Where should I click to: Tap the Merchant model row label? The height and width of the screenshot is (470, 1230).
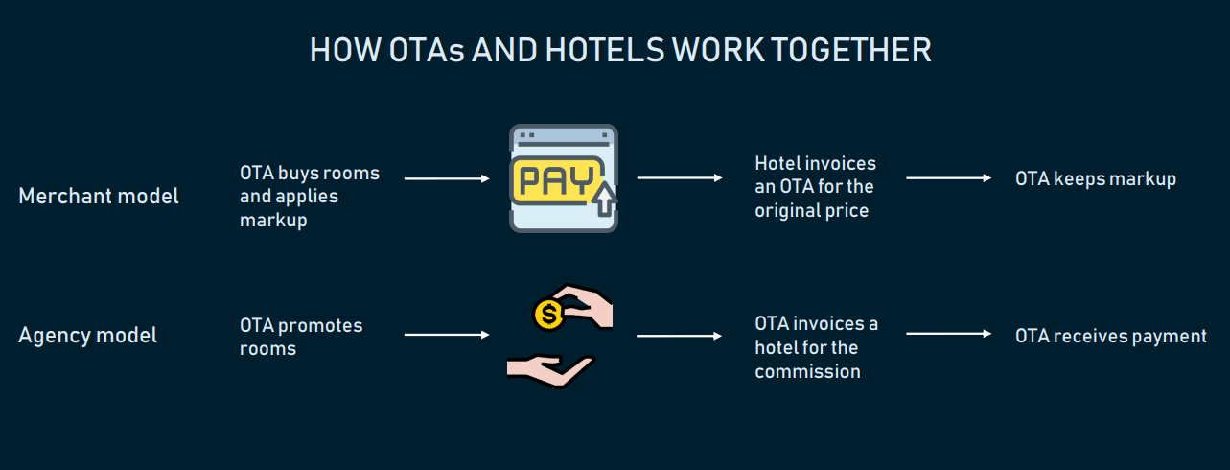[x=99, y=197]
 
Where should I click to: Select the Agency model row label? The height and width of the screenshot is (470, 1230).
[x=88, y=336]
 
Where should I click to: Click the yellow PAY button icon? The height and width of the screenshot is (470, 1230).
[x=556, y=179]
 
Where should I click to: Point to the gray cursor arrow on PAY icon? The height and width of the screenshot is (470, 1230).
[x=605, y=199]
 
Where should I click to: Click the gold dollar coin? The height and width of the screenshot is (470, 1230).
[x=548, y=315]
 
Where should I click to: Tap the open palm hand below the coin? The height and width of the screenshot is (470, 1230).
[x=550, y=370]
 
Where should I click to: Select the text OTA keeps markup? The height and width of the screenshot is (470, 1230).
[x=1096, y=179]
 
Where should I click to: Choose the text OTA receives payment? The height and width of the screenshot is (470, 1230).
[x=1111, y=336]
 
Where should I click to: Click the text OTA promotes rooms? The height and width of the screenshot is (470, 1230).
[x=301, y=337]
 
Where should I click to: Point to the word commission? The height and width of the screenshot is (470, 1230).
[x=807, y=371]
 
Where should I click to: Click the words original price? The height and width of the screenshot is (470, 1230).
[x=812, y=210]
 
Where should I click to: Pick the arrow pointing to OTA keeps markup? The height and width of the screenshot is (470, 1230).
[x=949, y=178]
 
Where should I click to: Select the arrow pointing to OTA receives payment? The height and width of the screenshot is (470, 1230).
[x=949, y=334]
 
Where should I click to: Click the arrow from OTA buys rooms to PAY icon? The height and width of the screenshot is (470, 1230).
[x=447, y=178]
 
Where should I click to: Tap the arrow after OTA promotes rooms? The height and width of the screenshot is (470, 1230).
[x=447, y=335]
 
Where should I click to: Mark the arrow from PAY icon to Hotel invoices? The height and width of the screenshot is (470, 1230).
[x=680, y=178]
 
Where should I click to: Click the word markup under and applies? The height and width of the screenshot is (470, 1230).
[x=273, y=221]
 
